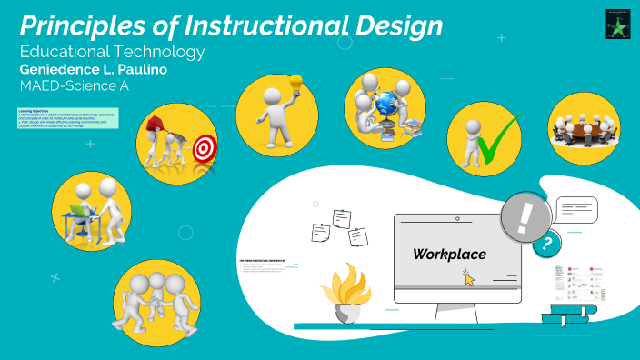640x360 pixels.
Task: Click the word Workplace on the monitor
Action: click(449, 254)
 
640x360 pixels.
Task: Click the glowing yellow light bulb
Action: click(295, 82)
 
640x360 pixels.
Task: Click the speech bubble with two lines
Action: click(575, 209)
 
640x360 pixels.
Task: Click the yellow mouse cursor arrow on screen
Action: click(469, 278)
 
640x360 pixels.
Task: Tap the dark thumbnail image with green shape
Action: click(618, 25)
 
